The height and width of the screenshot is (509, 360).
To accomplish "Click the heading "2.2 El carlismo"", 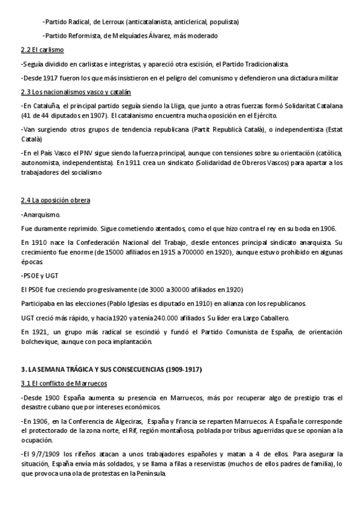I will point(42,49).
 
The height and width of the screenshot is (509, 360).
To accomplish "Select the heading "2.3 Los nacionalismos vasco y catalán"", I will point(76,92).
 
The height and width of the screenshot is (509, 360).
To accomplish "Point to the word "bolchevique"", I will point(38,342).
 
